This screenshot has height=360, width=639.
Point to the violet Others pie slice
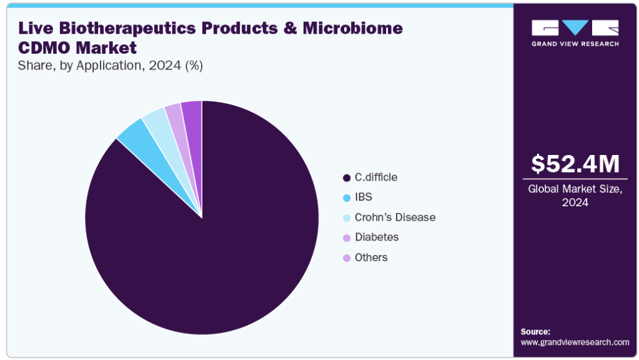pos(193,122)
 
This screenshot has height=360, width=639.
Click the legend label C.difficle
pos(376,177)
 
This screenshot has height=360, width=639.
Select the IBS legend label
pos(364,197)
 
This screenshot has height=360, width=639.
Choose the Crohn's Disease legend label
pos(395,217)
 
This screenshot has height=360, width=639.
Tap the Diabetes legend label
pos(377,237)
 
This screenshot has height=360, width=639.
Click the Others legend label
pos(371,257)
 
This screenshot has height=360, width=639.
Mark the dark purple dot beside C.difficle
pos(347,177)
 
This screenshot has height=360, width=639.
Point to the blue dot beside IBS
pos(347,197)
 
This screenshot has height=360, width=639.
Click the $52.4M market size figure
pos(575,164)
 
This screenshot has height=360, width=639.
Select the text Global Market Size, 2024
pos(575,196)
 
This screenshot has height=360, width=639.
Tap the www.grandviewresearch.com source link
pos(575,342)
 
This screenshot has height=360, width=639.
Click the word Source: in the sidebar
pos(535,332)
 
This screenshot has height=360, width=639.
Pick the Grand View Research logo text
pos(575,44)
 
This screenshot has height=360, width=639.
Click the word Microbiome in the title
pos(352,28)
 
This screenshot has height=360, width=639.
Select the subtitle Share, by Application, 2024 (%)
pos(111,66)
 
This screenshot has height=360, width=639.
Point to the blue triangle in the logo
pos(575,27)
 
